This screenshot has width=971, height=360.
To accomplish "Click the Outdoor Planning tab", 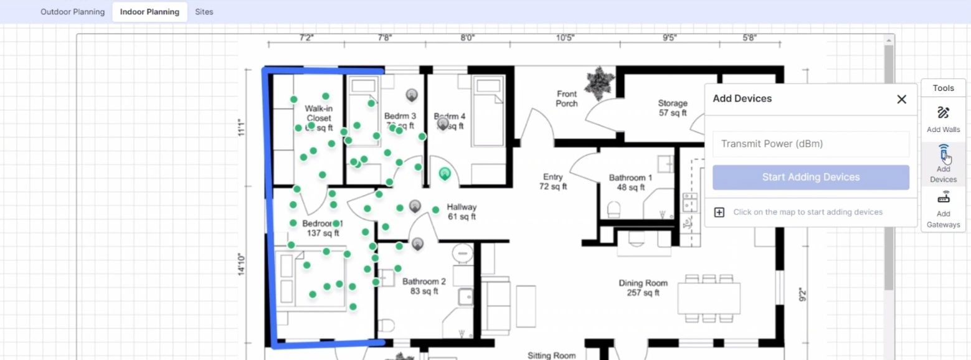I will coord(72,12).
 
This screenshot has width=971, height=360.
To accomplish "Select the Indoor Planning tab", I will coord(149,12).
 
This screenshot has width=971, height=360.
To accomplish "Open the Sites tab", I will coord(204,12).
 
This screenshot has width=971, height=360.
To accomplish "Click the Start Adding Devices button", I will coord(810,178).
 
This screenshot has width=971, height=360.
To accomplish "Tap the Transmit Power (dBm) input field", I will coord(810,144).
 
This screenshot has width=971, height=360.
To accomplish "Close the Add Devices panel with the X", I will coord(901,99).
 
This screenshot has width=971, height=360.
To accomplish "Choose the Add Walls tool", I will coord(943,119).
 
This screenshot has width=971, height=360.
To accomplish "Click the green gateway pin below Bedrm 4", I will coord(445,174).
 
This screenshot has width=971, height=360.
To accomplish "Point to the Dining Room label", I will coord(643,288).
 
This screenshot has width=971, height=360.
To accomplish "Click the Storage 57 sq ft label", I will coord(673,108).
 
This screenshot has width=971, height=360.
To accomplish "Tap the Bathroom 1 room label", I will coord(630,182).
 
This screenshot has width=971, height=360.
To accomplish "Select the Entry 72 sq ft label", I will coord(552,181).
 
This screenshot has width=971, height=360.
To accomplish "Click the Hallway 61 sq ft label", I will coord(462,212).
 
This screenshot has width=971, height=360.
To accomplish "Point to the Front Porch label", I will coord(567,98).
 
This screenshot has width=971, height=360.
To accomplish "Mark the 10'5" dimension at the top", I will coord(565,38).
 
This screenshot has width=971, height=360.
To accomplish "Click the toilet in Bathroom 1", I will coord(613,209).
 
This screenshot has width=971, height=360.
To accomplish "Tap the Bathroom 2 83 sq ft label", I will coord(424,286).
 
